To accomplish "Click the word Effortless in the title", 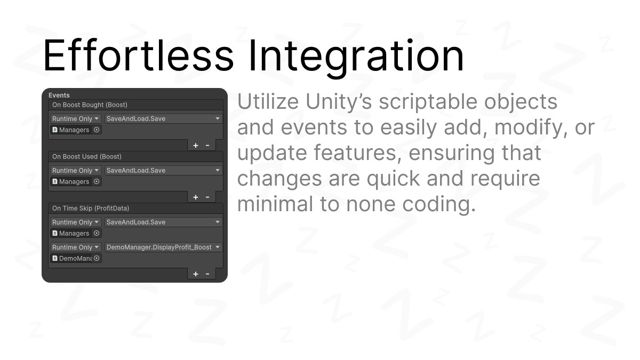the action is click(139, 55).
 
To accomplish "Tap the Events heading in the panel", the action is click(59, 95).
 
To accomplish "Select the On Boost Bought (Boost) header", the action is click(90, 105).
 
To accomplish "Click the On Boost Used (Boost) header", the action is click(87, 157).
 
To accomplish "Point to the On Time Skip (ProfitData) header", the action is click(91, 209).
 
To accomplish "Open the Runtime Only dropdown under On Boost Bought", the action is click(75, 118).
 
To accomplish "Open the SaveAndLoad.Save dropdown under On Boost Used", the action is click(163, 170).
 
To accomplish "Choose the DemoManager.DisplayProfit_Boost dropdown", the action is click(163, 247).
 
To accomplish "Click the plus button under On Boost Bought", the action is click(195, 146).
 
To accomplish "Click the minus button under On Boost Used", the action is click(207, 197).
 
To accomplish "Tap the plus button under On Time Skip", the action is click(195, 274).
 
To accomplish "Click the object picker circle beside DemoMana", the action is click(97, 258).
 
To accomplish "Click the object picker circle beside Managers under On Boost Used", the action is click(97, 181).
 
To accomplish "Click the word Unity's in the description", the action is click(339, 102).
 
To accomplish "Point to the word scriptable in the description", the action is click(428, 102).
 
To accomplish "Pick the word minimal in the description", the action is click(275, 204).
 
